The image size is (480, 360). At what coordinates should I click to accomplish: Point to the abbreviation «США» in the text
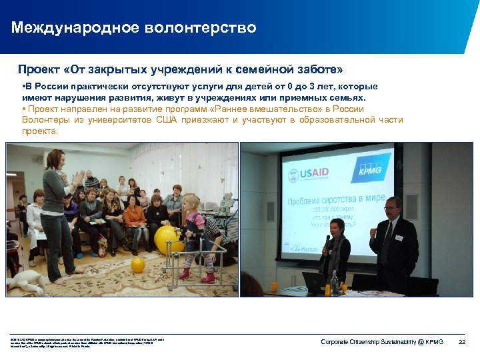171,120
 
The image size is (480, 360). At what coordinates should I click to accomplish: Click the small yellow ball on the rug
138,265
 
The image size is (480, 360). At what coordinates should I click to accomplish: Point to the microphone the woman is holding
327,241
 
